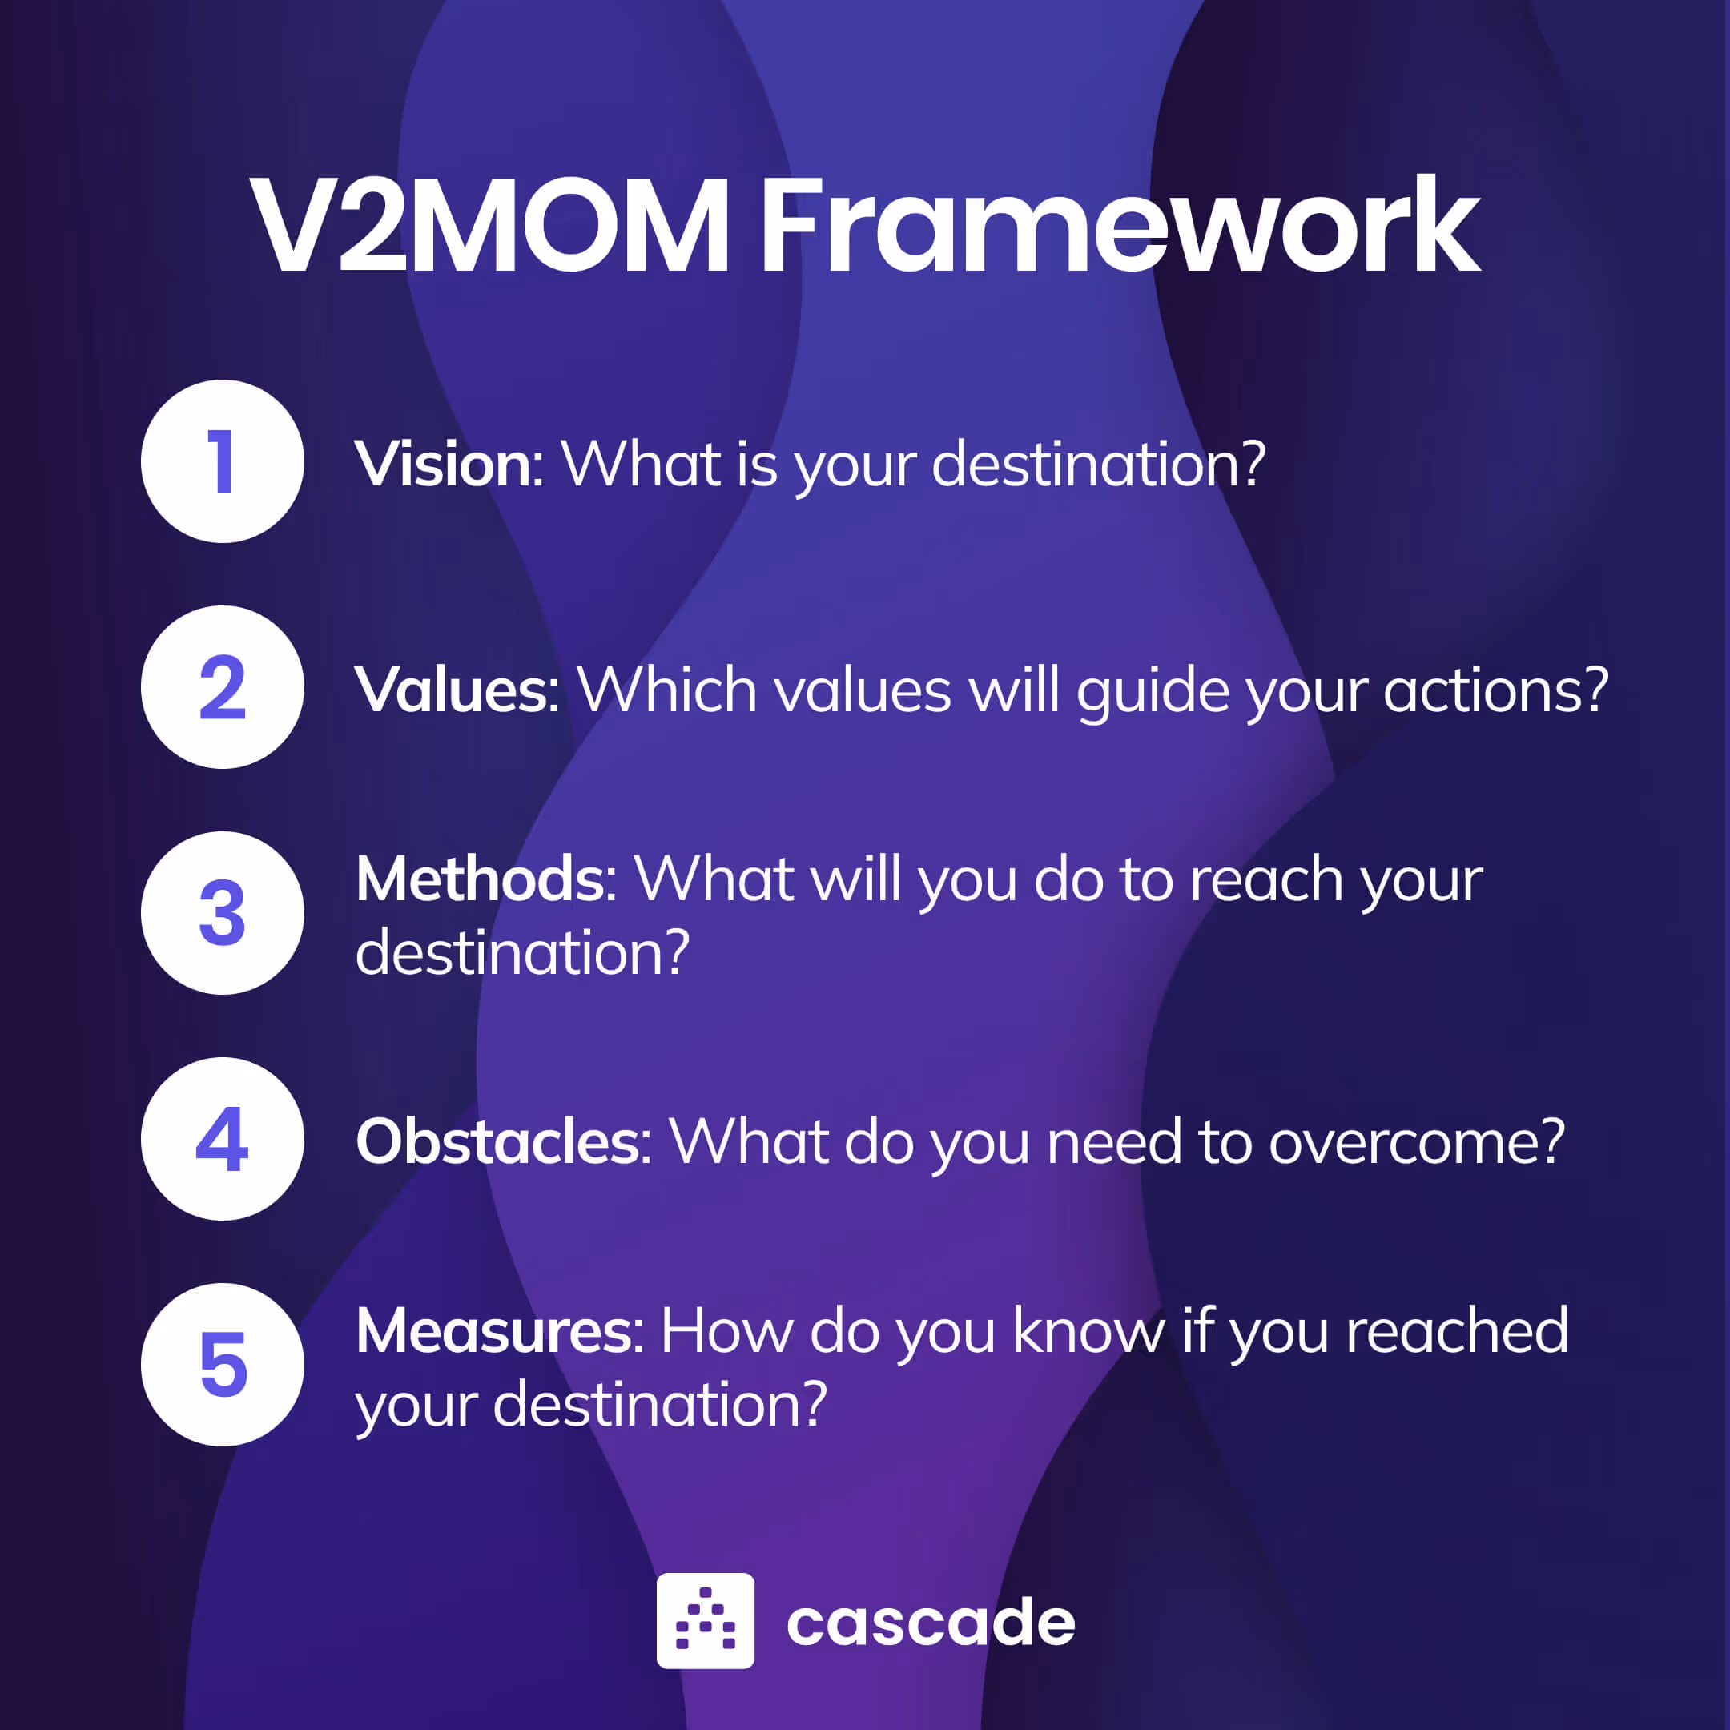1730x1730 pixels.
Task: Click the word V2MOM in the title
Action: (x=490, y=227)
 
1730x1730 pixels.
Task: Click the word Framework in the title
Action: (x=1120, y=227)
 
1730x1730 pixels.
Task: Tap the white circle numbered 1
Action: (x=222, y=461)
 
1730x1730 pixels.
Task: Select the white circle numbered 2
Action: (x=222, y=687)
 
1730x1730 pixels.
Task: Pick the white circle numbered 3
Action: (x=222, y=912)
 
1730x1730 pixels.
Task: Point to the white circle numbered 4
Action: (x=222, y=1138)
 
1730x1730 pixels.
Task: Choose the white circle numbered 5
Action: (x=222, y=1365)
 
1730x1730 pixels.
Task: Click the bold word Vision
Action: (x=445, y=464)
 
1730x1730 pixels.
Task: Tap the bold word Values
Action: (x=454, y=690)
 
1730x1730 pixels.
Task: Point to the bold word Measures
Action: (x=496, y=1330)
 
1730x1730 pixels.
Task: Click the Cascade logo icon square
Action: (x=705, y=1621)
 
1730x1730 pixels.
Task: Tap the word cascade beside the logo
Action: (x=931, y=1623)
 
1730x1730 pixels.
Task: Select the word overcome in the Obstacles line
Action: (x=1414, y=1143)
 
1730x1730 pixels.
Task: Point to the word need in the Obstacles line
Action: (x=1114, y=1143)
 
